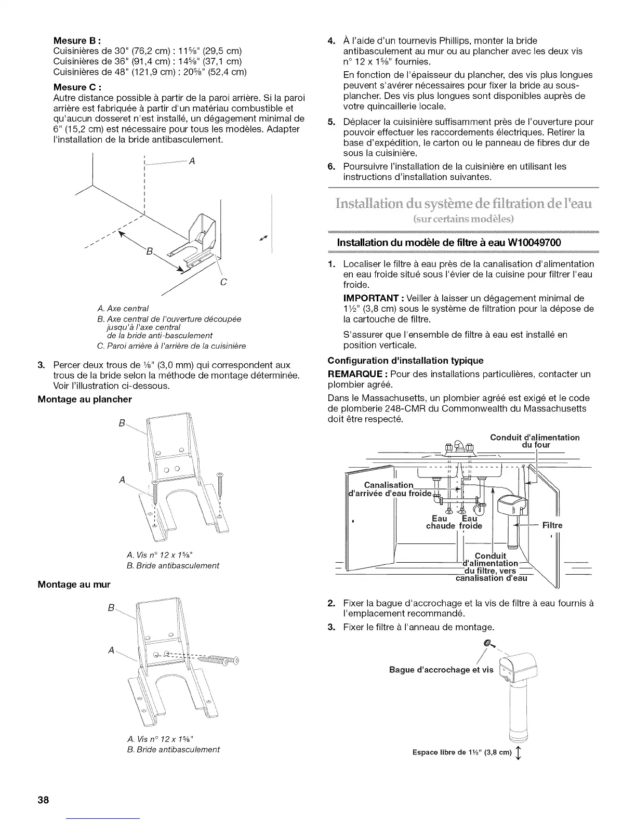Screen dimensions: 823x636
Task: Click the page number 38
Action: click(x=43, y=800)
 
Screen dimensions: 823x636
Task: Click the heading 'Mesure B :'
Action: click(x=77, y=41)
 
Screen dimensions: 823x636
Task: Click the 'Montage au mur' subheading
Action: click(x=74, y=585)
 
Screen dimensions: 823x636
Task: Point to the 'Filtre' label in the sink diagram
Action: click(x=552, y=525)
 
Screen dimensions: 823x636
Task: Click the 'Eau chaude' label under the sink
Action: click(x=440, y=522)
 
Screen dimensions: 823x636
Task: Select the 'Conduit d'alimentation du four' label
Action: click(x=535, y=441)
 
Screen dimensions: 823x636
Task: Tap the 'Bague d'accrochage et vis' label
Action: click(x=441, y=670)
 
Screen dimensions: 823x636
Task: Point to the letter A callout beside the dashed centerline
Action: click(x=192, y=161)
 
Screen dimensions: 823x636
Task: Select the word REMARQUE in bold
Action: click(x=356, y=374)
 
